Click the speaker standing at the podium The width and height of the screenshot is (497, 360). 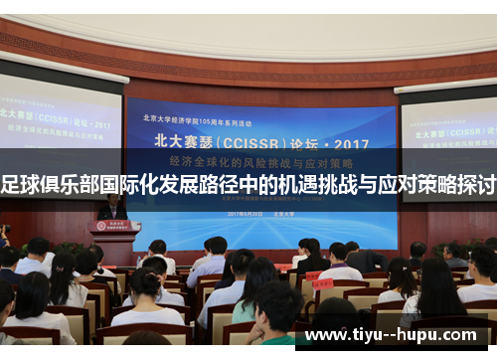pos(112,206)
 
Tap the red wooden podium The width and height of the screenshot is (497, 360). pos(115,240)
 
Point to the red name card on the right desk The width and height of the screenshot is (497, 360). pos(322,282)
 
